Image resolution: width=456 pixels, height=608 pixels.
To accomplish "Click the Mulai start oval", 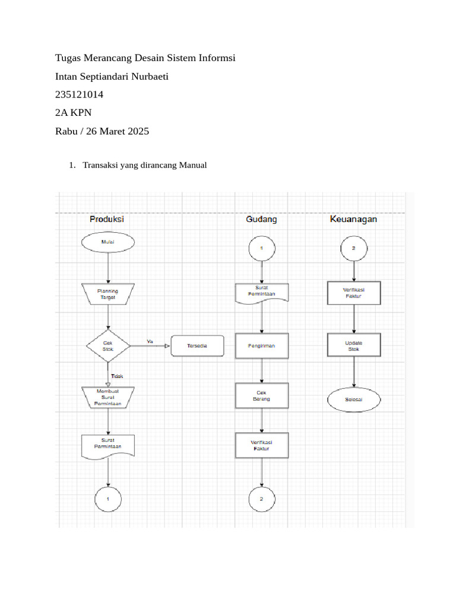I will click(x=108, y=242).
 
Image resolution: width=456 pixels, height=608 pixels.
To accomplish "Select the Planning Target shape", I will click(x=108, y=294).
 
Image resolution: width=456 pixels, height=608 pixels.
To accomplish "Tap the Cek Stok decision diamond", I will click(x=108, y=346).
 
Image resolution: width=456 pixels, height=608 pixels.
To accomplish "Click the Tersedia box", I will click(x=198, y=346).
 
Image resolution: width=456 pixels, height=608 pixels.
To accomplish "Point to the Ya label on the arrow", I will click(x=150, y=341).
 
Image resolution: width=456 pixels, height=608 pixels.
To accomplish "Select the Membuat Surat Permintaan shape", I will click(x=108, y=397).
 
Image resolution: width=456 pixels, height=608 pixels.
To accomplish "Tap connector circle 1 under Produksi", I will click(x=108, y=499).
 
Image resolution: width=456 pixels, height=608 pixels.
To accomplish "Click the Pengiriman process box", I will click(x=262, y=346).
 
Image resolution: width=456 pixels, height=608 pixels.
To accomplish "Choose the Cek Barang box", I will click(x=262, y=396).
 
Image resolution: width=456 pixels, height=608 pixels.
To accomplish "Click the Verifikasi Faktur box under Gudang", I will click(x=262, y=445).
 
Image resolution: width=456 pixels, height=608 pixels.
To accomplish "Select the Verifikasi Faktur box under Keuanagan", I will click(x=354, y=293).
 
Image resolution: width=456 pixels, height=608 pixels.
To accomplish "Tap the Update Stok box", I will click(x=354, y=346).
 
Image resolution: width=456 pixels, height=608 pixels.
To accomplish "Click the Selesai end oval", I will click(x=354, y=400).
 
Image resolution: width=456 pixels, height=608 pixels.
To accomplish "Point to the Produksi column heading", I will click(x=107, y=219).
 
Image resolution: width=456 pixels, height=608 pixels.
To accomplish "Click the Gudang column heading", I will click(x=261, y=219).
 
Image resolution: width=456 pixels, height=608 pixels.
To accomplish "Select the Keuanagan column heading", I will click(x=353, y=219).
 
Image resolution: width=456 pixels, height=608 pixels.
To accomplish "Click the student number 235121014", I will click(x=83, y=94).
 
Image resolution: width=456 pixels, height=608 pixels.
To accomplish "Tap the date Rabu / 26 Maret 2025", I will click(x=102, y=131).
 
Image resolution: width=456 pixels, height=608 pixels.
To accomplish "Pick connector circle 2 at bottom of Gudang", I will click(x=262, y=499).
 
